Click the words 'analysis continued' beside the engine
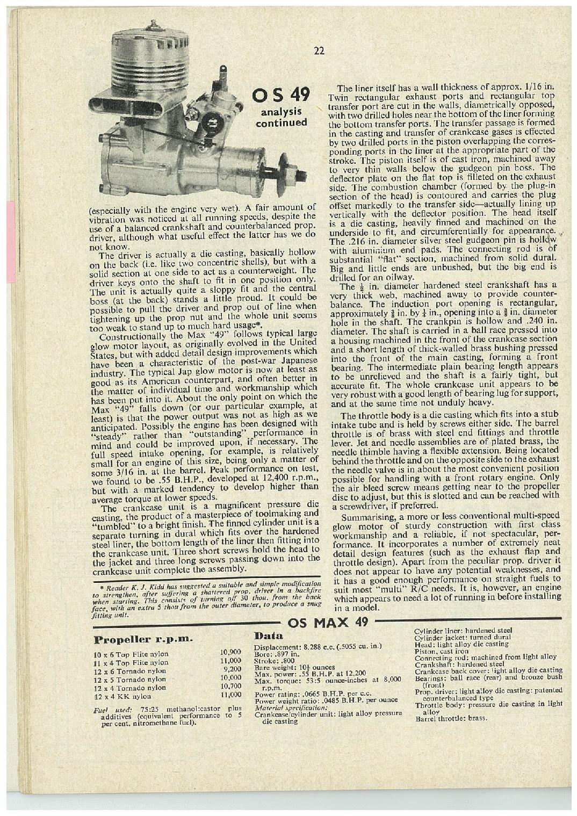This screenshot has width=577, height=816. click(x=280, y=117)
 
